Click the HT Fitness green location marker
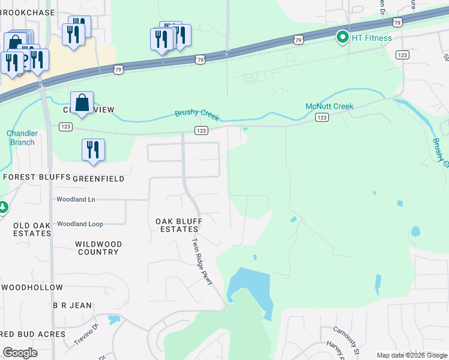[x=343, y=38]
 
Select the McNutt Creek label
[x=330, y=106]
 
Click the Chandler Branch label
[x=22, y=137]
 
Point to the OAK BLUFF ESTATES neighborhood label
[x=179, y=225]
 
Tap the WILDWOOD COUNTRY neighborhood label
[x=98, y=248]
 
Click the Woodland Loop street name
[x=80, y=224]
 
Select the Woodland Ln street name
[x=76, y=199]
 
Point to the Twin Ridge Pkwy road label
[x=202, y=262]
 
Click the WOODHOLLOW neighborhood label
[x=32, y=287]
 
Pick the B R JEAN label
[x=72, y=305]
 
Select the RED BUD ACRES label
[x=32, y=334]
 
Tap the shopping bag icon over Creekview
[x=82, y=103]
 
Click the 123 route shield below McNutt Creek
[x=322, y=118]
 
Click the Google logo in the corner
[x=20, y=353]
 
